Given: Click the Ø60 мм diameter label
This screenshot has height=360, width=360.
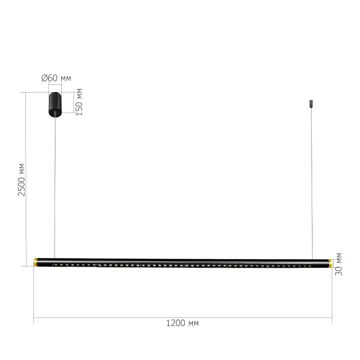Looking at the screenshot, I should pos(56,78).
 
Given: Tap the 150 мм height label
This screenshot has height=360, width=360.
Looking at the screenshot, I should pos(79,102).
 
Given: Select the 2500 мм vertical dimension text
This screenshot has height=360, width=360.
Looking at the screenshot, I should pos(22,179).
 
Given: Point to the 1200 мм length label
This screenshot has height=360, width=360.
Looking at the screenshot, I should pos(183,323).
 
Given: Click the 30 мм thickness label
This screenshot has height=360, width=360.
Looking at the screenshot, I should pos(338,264).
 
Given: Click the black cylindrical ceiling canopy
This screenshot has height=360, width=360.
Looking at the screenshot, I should pos(55,103).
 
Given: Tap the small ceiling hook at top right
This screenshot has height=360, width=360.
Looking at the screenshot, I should pos(311,103).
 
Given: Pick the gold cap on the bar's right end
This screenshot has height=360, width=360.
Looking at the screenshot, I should pos(330,263).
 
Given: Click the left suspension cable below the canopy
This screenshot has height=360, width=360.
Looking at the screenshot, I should pos(55,185).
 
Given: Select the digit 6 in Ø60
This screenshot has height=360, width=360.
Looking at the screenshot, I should pos(49,78).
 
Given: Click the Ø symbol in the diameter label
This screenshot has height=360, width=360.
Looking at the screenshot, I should pos(44,78).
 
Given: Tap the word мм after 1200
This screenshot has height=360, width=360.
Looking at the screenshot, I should pos(193,323).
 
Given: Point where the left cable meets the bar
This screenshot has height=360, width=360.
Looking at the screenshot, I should pos(55,258).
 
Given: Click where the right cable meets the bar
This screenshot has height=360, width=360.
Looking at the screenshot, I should pos(312,259).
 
